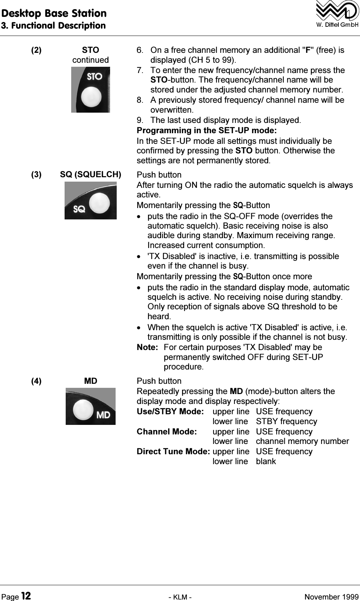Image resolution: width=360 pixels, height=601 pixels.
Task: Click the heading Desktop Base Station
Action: click(x=54, y=13)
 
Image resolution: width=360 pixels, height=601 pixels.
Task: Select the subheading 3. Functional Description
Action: click(x=54, y=26)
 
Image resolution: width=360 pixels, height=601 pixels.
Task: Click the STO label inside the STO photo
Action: click(x=94, y=76)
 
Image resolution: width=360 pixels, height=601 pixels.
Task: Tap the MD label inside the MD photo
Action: click(x=103, y=415)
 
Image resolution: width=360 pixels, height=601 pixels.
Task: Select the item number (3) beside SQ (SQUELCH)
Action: click(x=36, y=175)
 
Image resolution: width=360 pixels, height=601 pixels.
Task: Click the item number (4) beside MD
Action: click(x=36, y=381)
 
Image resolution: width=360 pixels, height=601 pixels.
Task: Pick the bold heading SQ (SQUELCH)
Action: click(x=91, y=175)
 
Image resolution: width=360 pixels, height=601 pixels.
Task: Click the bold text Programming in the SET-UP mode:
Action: click(x=207, y=131)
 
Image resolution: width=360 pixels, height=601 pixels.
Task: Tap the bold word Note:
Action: click(x=147, y=347)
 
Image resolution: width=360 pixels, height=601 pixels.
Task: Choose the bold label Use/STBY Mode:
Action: click(x=170, y=412)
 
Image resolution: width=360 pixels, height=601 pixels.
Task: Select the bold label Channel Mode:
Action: click(x=167, y=432)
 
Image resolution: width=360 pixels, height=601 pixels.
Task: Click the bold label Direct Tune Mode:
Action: click(x=173, y=452)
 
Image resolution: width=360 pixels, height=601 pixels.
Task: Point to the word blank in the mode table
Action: click(x=266, y=462)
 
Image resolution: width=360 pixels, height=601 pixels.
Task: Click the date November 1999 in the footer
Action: click(x=332, y=597)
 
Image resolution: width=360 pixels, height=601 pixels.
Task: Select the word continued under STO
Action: click(x=91, y=60)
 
